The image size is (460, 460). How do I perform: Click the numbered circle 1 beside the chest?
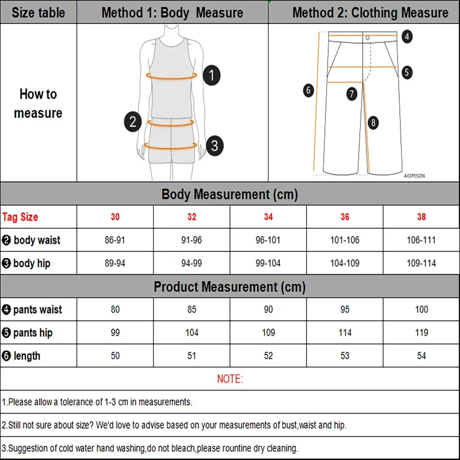[211, 75]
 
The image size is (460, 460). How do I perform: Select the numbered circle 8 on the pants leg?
[373, 122]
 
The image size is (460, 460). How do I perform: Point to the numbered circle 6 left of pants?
[309, 90]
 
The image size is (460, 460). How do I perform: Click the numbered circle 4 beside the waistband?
[407, 36]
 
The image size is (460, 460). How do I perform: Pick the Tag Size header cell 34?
[268, 217]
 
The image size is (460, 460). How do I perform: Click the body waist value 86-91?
[115, 240]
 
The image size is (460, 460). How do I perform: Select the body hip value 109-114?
[421, 263]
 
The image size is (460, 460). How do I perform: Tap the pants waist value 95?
[345, 310]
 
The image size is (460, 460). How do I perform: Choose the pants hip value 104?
[192, 333]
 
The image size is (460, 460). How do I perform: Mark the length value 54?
[421, 356]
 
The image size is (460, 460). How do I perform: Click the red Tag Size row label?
[20, 217]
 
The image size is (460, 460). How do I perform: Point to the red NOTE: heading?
[230, 379]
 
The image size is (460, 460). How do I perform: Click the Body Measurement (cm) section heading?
[230, 194]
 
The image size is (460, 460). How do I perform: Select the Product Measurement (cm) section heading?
[230, 287]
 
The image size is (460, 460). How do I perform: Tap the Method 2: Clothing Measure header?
[370, 12]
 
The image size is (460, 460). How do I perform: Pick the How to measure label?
[38, 103]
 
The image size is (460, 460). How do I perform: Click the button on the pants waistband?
[368, 37]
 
